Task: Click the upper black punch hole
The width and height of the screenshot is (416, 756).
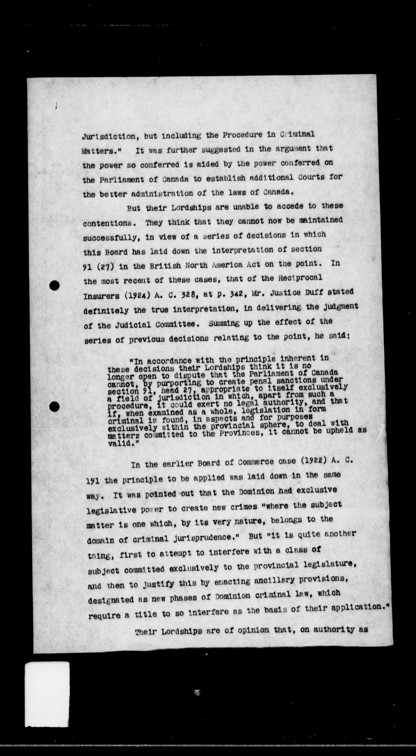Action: (x=55, y=285)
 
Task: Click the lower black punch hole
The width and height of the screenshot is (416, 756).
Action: (x=55, y=406)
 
